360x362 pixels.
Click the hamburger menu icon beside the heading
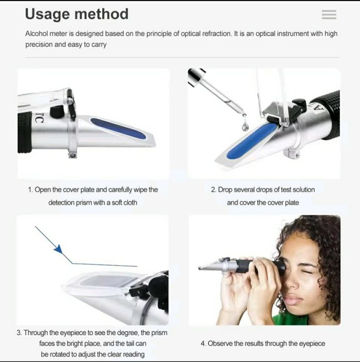(x=329, y=14)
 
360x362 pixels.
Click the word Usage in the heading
(x=48, y=14)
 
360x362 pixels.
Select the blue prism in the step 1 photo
(x=118, y=128)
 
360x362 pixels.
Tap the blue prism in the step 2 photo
(x=252, y=141)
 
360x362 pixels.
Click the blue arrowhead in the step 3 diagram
(x=58, y=249)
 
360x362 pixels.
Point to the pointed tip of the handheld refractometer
(x=199, y=268)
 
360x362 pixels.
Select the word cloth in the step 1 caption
(x=130, y=203)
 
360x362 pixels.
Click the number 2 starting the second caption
(x=213, y=190)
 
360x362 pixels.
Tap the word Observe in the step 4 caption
(x=220, y=343)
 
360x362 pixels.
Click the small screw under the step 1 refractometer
(x=73, y=155)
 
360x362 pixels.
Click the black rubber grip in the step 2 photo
(x=327, y=114)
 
